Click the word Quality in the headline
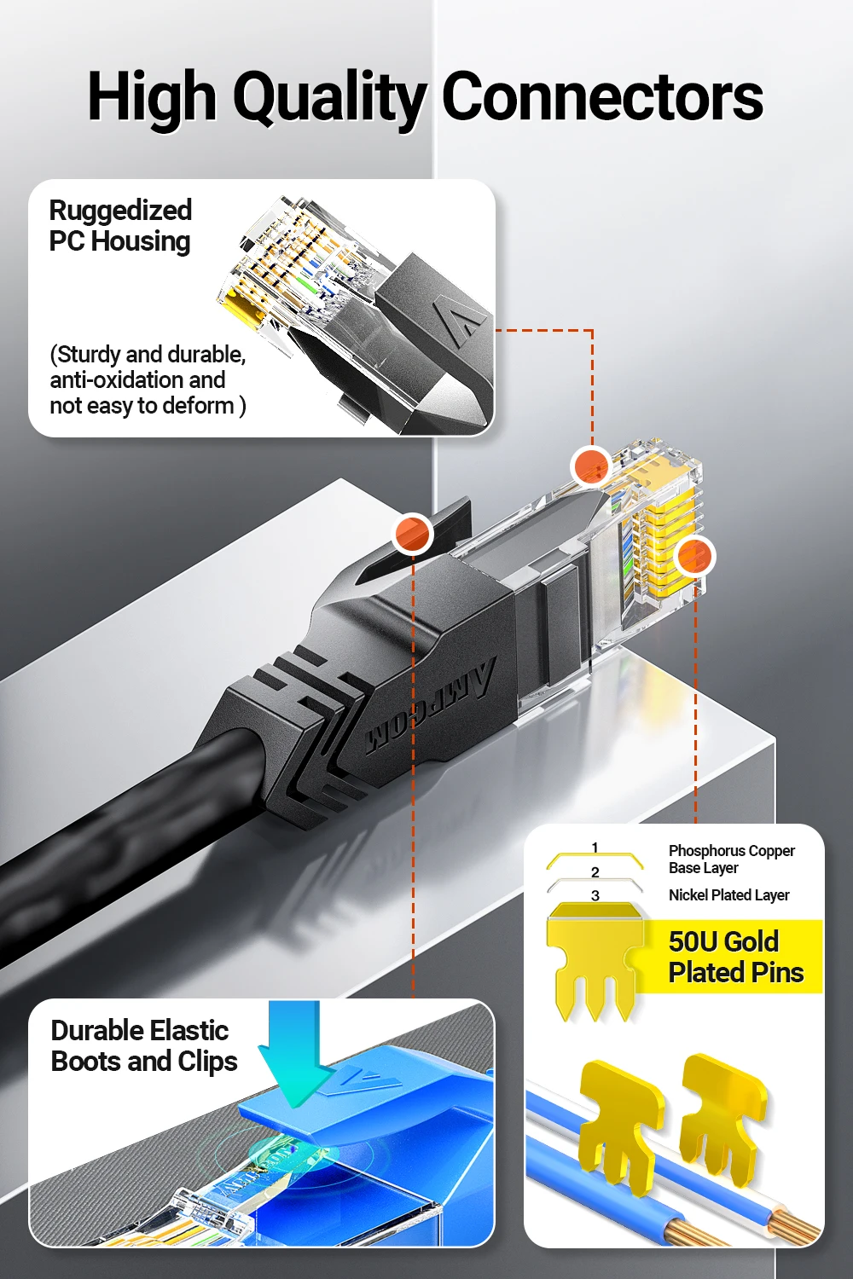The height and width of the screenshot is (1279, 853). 328,98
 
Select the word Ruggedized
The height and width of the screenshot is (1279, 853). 120,210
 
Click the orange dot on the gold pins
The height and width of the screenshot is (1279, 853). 694,557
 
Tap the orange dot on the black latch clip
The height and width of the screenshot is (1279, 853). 413,534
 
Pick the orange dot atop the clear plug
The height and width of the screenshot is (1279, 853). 590,466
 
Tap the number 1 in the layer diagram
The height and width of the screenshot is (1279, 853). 595,848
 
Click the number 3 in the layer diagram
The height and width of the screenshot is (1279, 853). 595,895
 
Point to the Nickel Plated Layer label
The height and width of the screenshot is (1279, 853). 728,895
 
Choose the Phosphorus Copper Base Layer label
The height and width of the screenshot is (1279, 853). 731,859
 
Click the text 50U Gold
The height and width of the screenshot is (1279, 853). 723,941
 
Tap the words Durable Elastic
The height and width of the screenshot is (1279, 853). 140,1030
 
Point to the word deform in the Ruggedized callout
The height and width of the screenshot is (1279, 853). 198,406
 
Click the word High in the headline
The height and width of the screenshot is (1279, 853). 152,98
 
